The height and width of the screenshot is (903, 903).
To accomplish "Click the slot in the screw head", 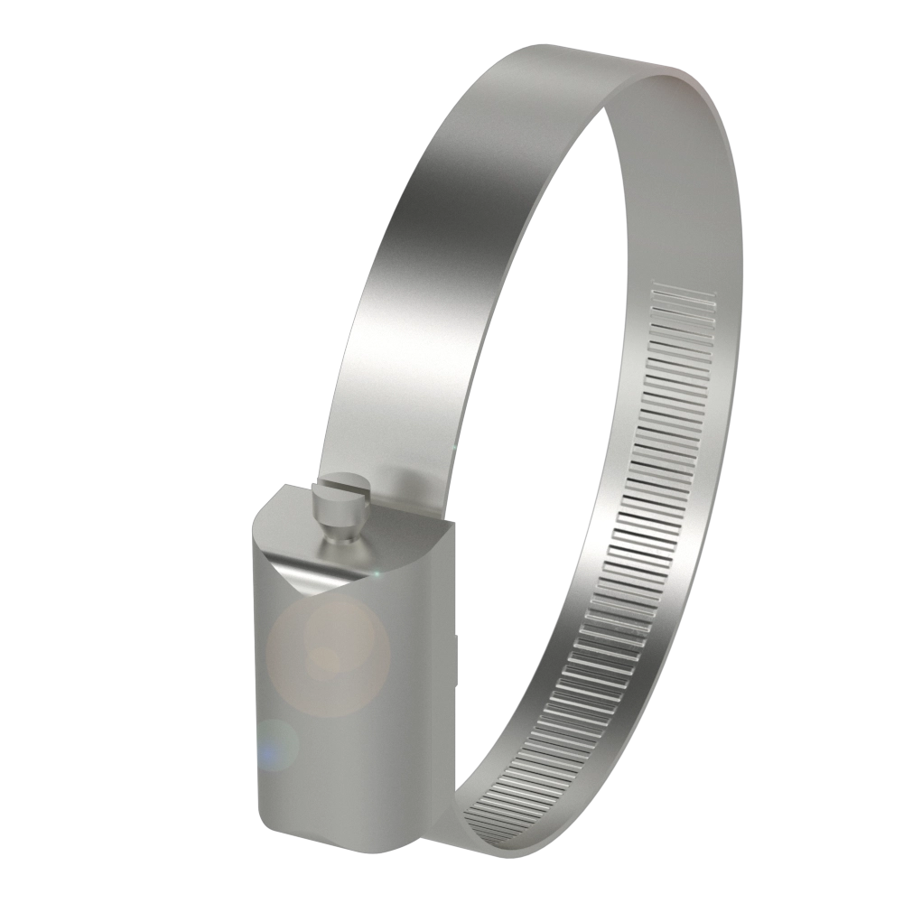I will click(350, 489).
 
